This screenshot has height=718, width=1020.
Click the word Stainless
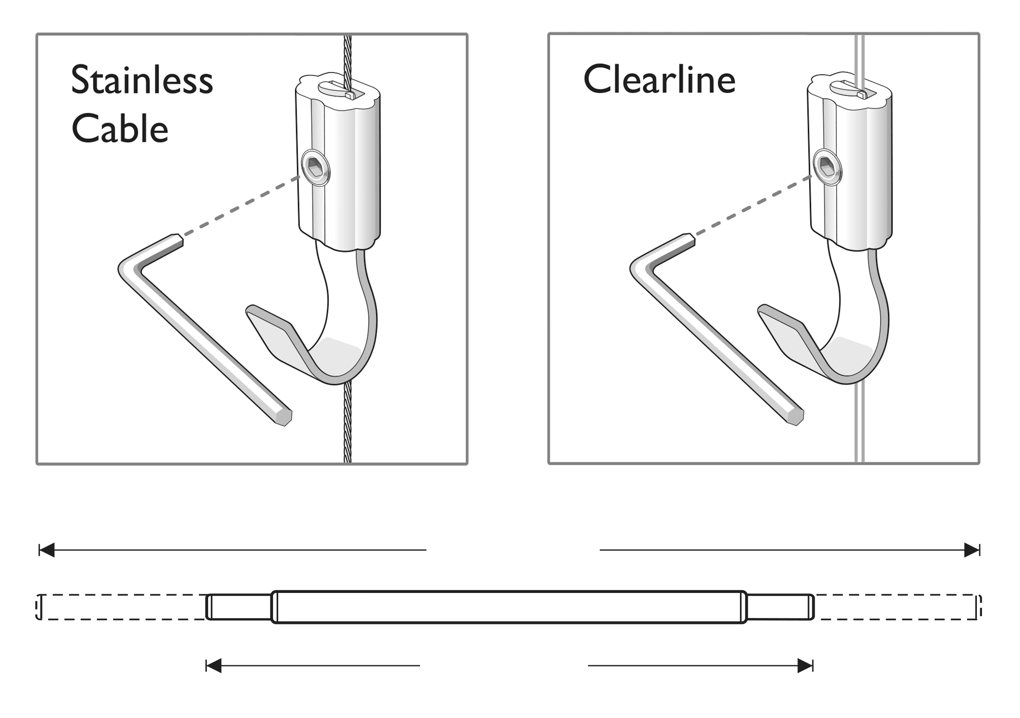[x=142, y=81]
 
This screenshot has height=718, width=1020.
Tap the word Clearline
[x=659, y=80]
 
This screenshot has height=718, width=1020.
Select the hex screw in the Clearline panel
[x=827, y=169]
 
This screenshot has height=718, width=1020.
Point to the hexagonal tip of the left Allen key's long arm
[x=283, y=417]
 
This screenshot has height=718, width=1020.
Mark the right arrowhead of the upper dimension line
[x=972, y=550]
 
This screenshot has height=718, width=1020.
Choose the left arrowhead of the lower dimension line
[x=214, y=666]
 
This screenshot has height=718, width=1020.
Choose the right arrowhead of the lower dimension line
[x=805, y=666]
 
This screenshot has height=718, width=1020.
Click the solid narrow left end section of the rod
[x=239, y=607]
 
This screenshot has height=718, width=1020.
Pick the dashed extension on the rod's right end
[x=897, y=607]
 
